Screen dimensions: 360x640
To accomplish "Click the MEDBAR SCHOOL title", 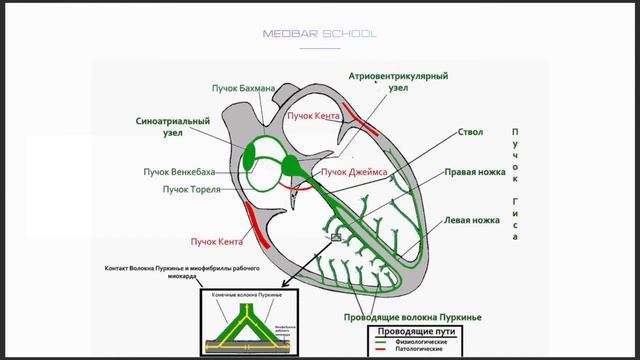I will [x=320, y=33].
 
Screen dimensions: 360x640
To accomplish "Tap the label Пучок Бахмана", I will [x=243, y=88].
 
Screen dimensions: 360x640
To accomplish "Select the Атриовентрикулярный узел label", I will [x=397, y=81].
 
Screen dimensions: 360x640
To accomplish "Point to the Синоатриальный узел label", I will [x=172, y=128].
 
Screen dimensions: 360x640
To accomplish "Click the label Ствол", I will [x=442, y=131].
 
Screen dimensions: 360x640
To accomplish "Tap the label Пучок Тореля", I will [x=191, y=189].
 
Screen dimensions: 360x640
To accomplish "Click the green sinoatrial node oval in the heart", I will [x=251, y=156].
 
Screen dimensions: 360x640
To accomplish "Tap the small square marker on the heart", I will [x=336, y=237].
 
